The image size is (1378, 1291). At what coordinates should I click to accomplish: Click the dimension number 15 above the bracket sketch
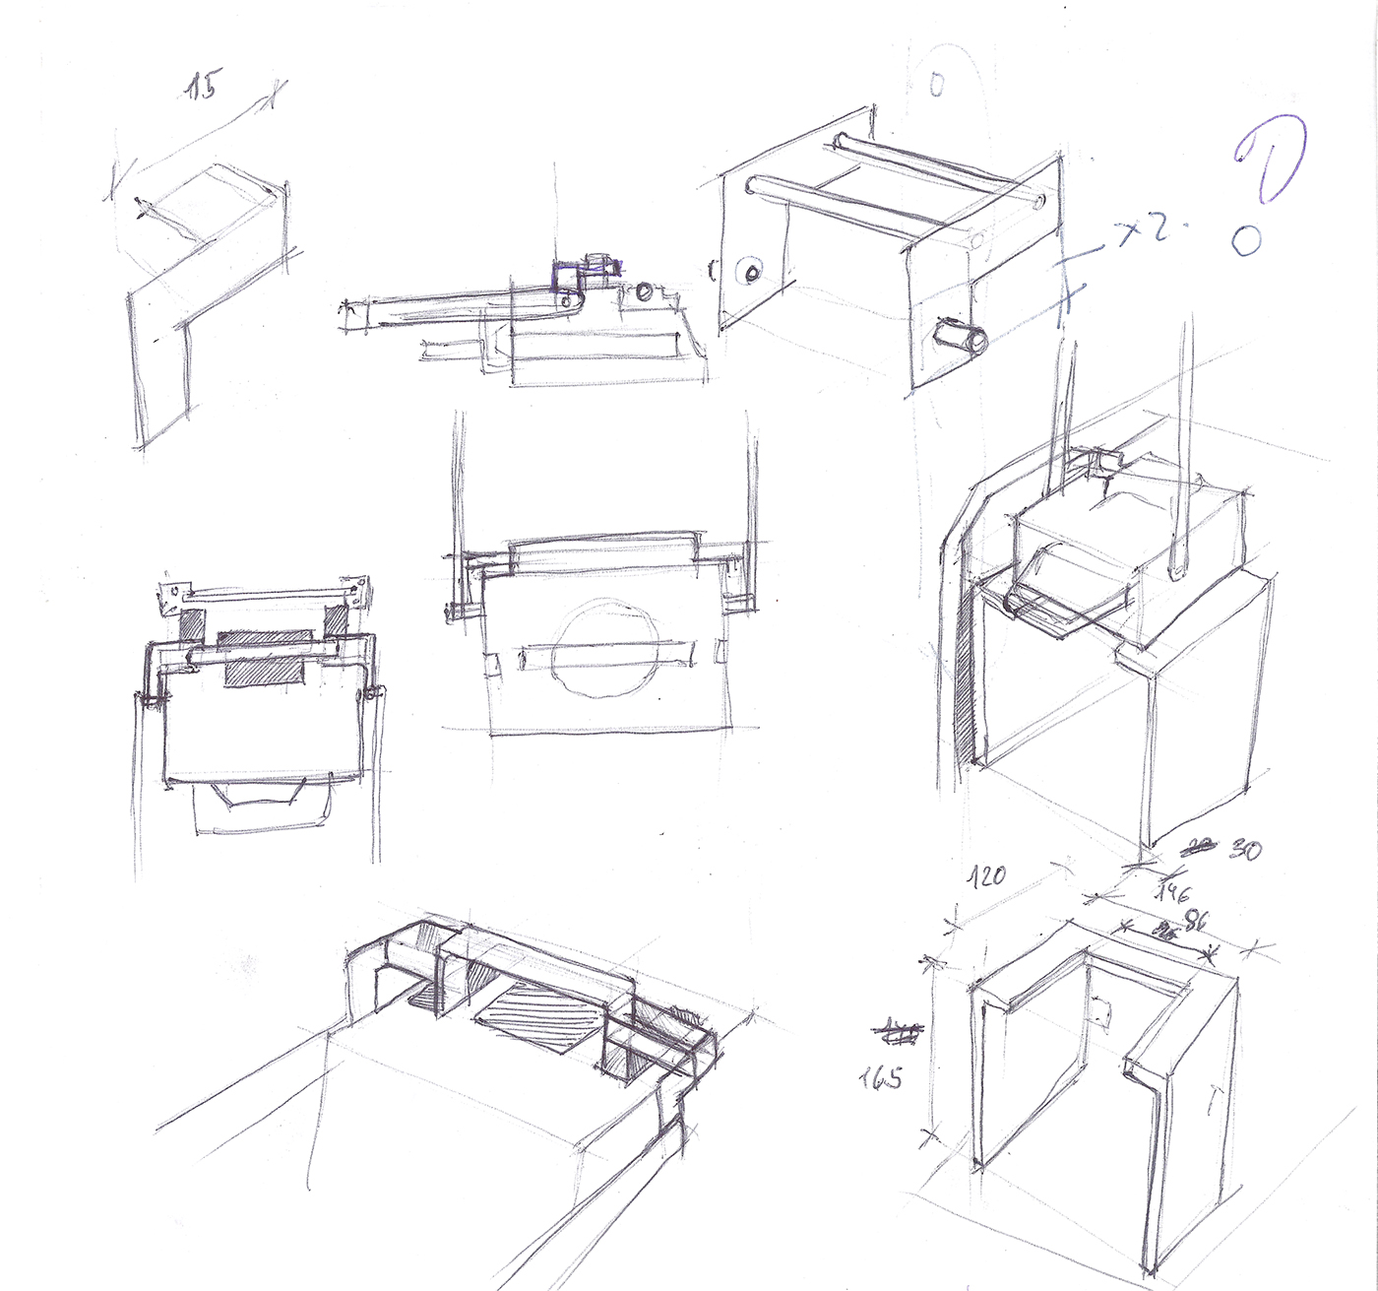[204, 87]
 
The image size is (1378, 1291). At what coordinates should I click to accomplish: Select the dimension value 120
[986, 874]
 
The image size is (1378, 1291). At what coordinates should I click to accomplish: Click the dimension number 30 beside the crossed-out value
[1245, 850]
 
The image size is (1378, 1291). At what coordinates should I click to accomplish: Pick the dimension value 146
[1174, 892]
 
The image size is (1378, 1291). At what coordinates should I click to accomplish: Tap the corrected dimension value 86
[1195, 922]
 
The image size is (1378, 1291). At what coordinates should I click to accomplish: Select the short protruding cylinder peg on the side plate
[961, 338]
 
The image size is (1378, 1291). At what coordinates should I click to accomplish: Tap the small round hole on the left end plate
[752, 272]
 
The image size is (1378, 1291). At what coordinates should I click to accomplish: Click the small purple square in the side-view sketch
[569, 277]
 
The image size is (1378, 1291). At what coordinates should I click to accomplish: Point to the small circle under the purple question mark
[1246, 239]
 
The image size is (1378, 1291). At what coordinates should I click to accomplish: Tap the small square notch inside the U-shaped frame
[1102, 1009]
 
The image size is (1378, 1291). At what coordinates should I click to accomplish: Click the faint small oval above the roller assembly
[937, 86]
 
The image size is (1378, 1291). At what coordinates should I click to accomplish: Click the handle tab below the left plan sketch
[262, 806]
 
